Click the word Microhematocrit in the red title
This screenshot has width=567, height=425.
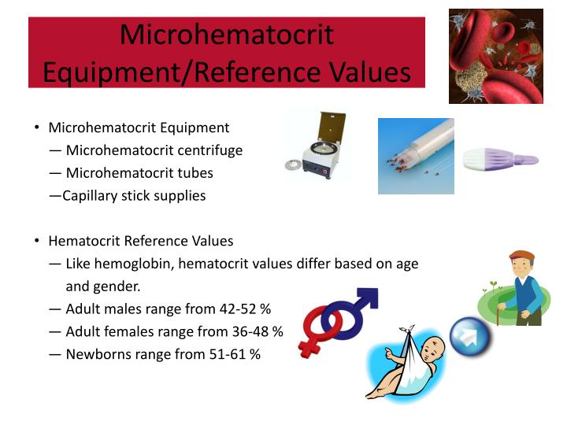[x=227, y=35]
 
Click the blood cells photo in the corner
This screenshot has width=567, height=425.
[x=495, y=56]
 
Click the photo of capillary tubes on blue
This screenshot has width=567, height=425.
[x=416, y=156]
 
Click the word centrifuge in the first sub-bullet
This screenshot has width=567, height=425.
[x=208, y=150]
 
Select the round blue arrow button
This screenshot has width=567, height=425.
[x=470, y=338]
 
